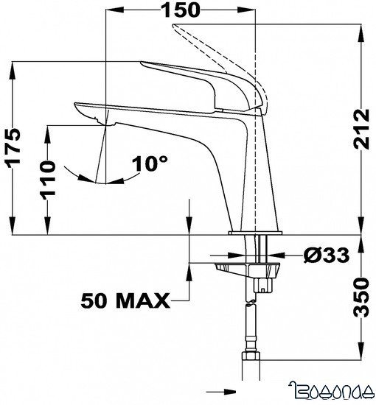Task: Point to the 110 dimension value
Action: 48,179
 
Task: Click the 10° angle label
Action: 150,163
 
